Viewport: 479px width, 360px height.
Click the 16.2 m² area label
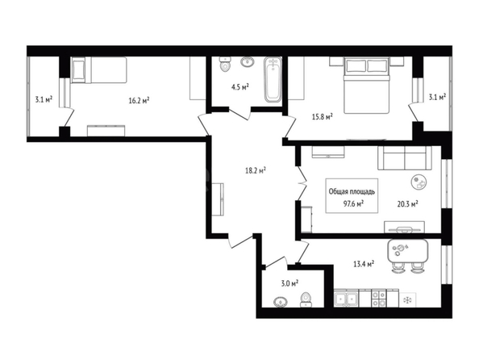139,100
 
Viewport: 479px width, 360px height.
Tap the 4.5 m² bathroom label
240,87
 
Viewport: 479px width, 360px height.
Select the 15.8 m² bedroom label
322,116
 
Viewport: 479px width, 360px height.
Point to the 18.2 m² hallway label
256,170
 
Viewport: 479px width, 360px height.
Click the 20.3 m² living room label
407,203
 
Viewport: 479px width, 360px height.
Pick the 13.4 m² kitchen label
364,264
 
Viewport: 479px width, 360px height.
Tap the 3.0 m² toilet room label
289,283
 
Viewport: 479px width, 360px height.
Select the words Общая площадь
352,191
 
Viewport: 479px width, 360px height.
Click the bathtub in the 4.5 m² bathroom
273,79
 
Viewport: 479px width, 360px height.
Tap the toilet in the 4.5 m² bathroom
225,64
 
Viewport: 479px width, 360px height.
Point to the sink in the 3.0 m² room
280,302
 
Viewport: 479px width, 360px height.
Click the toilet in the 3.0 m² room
306,299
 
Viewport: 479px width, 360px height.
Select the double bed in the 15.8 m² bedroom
366,85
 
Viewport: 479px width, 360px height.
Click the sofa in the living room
405,158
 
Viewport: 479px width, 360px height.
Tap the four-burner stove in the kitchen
378,298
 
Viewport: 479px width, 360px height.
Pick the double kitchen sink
346,298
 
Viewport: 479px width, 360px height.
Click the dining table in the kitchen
407,251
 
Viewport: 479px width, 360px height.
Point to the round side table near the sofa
419,182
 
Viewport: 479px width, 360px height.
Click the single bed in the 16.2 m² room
99,69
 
